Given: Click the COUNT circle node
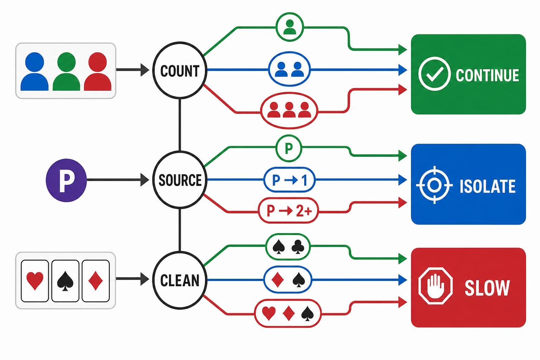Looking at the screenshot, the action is pos(180,70).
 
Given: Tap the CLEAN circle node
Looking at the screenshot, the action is pos(180,280).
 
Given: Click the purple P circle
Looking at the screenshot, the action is pos(66,180).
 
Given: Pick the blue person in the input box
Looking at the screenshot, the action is pos(34,71).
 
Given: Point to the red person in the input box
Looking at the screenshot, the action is pos(98,71).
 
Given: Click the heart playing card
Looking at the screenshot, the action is pos(35,281).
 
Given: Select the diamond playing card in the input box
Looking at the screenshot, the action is pos(96,281).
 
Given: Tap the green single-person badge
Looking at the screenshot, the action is pos(290,27).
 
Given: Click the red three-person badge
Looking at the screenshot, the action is pos(289,110).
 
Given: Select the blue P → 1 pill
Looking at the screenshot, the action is pos(290,180).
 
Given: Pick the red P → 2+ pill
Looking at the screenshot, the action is pos(288,211).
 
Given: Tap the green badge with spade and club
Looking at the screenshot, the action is pos(288,247).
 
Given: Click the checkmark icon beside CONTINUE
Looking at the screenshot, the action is pos(435,74).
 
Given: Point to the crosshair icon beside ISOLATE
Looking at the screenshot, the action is pos(435,185).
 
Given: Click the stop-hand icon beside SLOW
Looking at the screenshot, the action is pos(435,286).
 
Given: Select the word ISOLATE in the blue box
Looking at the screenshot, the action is pos(488,186).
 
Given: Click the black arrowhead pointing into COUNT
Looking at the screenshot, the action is pos(145,70).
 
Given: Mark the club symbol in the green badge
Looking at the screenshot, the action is pos(298,247).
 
